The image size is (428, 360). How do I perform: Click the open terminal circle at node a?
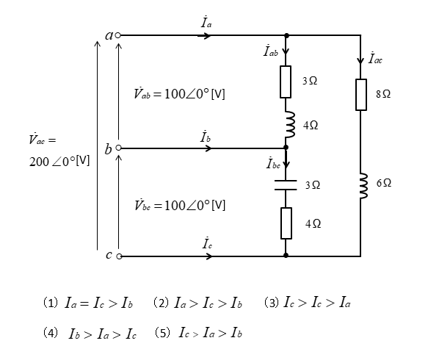click(117, 35)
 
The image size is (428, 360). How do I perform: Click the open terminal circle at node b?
click(118, 148)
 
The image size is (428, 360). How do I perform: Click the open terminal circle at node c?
click(119, 256)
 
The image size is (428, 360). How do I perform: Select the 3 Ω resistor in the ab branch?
click(286, 82)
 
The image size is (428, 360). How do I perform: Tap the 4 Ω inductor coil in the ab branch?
click(290, 124)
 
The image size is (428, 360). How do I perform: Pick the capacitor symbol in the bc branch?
click(286, 185)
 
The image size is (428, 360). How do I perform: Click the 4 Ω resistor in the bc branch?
click(286, 223)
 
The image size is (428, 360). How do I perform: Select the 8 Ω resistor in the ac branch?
click(361, 95)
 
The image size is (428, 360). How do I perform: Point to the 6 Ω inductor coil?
click(363, 185)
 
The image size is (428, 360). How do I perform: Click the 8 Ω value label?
click(383, 94)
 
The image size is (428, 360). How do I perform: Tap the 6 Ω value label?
click(384, 183)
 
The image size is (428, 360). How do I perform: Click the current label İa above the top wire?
click(206, 22)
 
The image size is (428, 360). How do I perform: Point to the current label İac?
click(375, 58)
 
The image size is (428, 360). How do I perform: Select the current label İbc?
click(273, 163)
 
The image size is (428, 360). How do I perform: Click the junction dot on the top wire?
click(286, 35)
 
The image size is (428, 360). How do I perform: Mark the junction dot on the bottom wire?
click(286, 255)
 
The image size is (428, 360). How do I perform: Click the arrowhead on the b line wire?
click(208, 148)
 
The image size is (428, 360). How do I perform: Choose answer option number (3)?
click(307, 303)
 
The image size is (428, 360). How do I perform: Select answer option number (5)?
click(198, 333)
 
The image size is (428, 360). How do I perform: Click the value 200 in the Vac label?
click(39, 162)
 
